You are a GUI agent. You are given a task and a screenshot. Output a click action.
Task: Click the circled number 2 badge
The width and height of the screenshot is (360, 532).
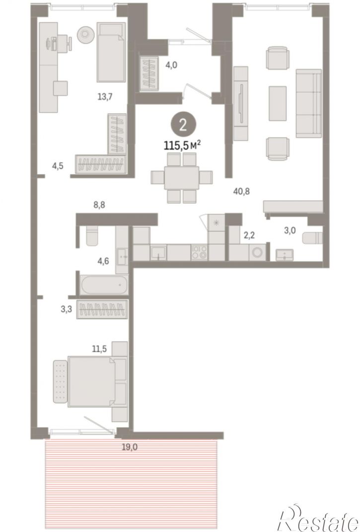(x=183, y=125)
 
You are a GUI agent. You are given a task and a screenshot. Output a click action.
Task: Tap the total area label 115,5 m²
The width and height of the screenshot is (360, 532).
(x=182, y=146)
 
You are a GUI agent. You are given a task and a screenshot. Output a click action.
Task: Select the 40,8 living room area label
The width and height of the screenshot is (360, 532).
(x=241, y=191)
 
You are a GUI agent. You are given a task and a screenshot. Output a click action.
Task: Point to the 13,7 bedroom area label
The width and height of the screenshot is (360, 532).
(x=105, y=97)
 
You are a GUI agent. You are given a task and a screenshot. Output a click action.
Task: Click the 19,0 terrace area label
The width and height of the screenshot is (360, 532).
(x=130, y=447)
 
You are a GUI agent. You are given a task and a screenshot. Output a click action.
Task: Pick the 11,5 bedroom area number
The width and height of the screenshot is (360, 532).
(x=99, y=349)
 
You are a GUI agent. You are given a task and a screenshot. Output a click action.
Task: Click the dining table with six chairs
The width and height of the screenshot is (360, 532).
(x=182, y=177)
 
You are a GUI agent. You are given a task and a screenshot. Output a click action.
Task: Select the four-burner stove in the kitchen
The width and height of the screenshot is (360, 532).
(x=199, y=252)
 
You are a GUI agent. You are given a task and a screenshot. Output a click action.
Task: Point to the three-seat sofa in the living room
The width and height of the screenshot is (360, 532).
(x=309, y=103)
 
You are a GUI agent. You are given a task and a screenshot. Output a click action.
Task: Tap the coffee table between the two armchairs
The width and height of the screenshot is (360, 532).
(x=278, y=103)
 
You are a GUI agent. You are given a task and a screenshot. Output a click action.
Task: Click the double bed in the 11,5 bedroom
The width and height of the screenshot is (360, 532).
(x=90, y=381)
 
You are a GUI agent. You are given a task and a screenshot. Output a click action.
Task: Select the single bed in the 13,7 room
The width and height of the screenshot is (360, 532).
(x=111, y=52)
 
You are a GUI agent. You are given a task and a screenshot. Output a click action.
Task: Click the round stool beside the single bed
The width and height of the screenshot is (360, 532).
(x=85, y=34)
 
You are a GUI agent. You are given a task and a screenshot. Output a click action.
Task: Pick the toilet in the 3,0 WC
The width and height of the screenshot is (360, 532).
(x=312, y=238)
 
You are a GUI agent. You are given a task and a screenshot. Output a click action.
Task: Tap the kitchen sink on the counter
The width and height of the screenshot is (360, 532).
(x=158, y=252)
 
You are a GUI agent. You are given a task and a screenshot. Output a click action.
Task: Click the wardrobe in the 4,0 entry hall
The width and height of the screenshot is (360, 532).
(x=149, y=73)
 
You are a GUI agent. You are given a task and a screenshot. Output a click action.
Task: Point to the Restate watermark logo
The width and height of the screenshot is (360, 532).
(x=318, y=518)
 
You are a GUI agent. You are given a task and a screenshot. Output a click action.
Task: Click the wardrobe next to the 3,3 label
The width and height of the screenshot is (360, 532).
(x=102, y=309)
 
